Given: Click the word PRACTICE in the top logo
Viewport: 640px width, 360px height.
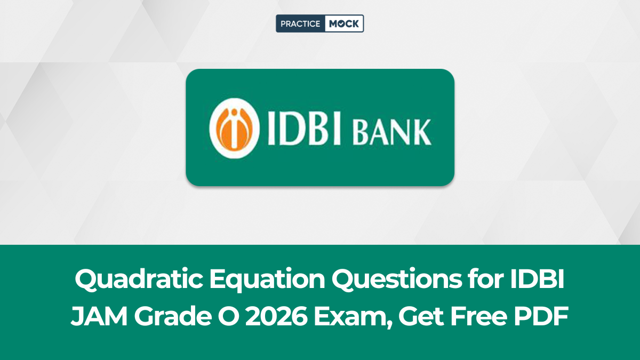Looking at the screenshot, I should pyautogui.click(x=300, y=23).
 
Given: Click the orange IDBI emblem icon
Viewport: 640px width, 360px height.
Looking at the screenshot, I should pyautogui.click(x=230, y=127).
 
